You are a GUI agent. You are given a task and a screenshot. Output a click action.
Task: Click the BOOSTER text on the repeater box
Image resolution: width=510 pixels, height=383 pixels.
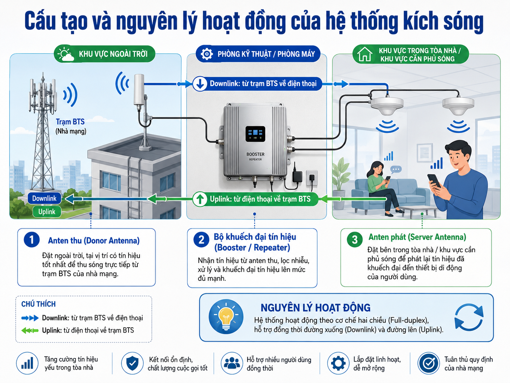coord(255,154)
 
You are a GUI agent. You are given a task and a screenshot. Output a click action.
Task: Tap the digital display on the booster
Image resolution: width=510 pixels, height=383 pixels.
coord(255,134)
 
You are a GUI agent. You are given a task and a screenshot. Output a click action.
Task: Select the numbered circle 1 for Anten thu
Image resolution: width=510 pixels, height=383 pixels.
coord(32,239)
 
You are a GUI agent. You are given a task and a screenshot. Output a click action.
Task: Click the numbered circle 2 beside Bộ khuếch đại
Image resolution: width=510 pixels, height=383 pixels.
coord(201,240)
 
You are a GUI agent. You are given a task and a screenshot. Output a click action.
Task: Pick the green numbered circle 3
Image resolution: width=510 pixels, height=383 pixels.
coord(355,239)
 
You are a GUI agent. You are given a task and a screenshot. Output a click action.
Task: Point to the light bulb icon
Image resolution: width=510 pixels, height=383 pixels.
coord(226,317)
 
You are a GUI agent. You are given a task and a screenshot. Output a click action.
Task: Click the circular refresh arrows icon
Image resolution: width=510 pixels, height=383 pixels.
coord(469,317)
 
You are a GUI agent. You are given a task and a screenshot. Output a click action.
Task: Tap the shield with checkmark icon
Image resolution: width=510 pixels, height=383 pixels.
coord(132,363)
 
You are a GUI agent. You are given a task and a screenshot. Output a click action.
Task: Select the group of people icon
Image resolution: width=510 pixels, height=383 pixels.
coord(232,363)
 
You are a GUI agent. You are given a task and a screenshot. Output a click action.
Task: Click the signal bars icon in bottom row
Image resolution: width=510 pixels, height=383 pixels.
coord(27,363)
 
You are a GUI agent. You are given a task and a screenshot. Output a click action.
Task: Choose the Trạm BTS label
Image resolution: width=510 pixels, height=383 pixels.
coord(70,122)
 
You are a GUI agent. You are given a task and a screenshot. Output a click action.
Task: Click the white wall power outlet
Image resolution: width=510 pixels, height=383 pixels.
coord(312,178)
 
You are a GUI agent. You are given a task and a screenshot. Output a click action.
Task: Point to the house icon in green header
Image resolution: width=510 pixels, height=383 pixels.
coord(365,54)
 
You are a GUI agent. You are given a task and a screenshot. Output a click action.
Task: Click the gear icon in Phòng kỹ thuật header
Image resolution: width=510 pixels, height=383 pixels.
coord(206,54)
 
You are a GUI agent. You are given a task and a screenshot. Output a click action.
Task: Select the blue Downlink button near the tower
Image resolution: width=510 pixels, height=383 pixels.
coord(44,198)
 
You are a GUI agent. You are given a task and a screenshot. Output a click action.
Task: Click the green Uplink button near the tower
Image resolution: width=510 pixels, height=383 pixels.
coord(47,212)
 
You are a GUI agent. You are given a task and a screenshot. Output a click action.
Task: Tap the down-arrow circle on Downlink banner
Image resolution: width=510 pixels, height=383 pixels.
coord(200,84)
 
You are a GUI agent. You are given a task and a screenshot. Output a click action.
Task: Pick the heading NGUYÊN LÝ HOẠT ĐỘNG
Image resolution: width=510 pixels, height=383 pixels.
coord(316,308)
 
